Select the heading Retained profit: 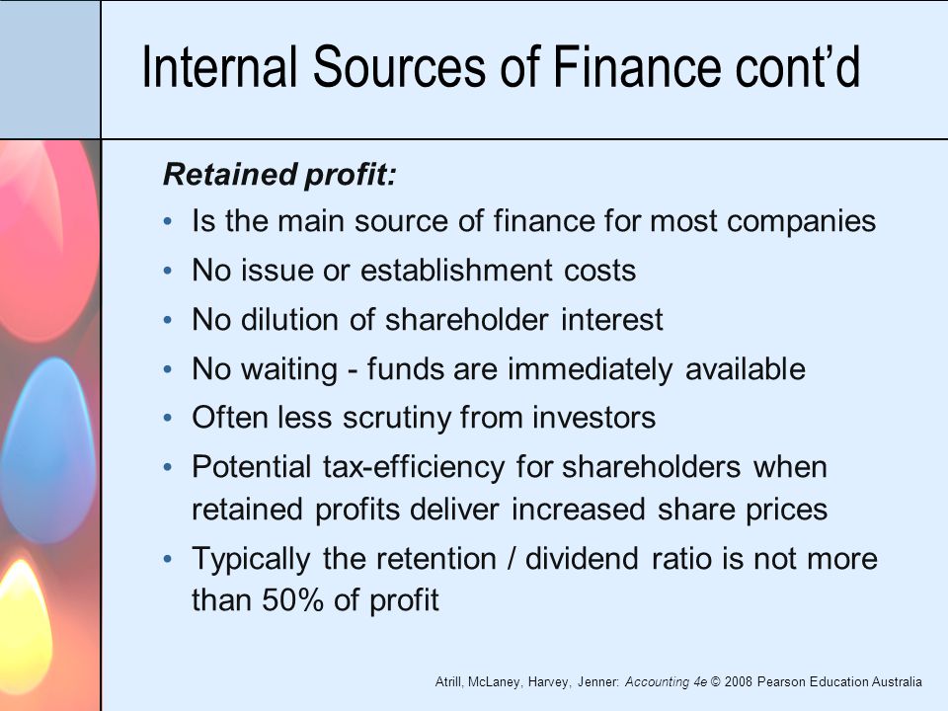pos(279,176)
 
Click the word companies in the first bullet pos(801,222)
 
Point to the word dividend pos(582,558)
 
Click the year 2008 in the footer pos(738,682)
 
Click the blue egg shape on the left pos(48,450)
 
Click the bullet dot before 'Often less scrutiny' pos(168,419)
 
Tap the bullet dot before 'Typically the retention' pos(168,559)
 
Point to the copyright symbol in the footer pos(715,682)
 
